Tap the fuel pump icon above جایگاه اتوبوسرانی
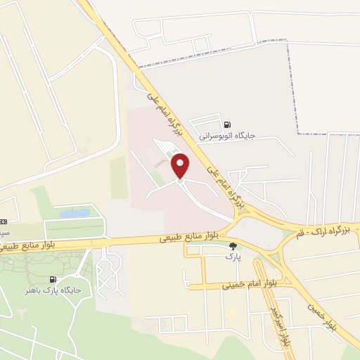[226, 125]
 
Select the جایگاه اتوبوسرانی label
[226, 136]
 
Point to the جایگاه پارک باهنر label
[53, 290]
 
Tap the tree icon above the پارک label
[233, 246]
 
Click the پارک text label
[233, 257]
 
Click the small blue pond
[75, 213]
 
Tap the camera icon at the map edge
[3, 222]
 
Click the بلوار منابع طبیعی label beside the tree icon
[189, 238]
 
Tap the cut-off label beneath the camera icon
[4, 232]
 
